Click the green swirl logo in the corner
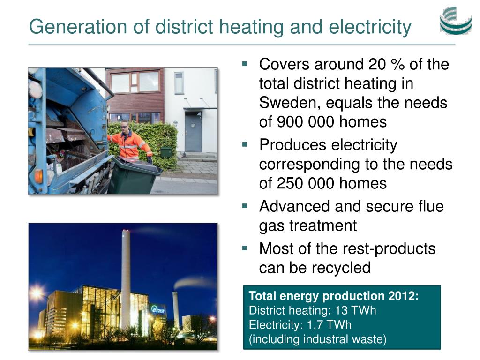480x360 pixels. pos(456,21)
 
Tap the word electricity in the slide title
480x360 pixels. pos(370,27)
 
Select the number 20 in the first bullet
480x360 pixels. pos(377,65)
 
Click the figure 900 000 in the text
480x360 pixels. pos(306,122)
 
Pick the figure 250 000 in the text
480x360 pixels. pos(306,184)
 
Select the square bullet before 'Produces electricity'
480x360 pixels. pos(245,144)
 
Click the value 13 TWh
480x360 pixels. pos(355,311)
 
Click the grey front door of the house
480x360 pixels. pos(193,132)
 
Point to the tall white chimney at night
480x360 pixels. pos(126,278)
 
